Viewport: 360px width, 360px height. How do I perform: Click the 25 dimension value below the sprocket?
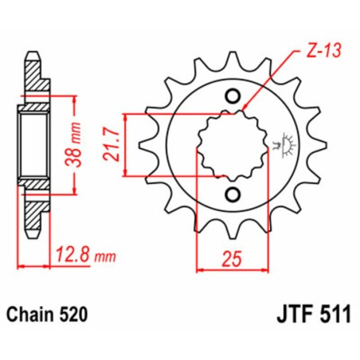point(231,258)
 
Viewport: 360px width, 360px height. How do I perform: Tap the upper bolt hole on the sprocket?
point(233,97)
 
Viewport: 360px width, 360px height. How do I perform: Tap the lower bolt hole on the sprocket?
point(232,196)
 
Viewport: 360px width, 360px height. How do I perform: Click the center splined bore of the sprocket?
point(232,147)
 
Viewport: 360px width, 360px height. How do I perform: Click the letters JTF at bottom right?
point(288,315)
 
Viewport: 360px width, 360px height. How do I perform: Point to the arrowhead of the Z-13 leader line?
point(245,109)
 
